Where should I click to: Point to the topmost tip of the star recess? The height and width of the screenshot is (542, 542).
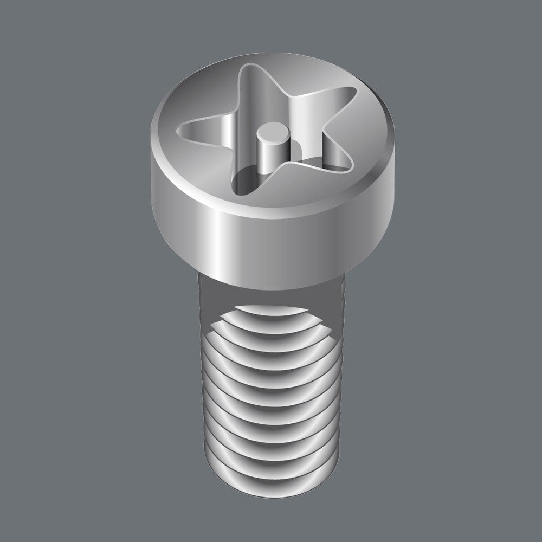point(247,69)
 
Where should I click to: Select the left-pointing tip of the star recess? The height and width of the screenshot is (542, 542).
point(182,128)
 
